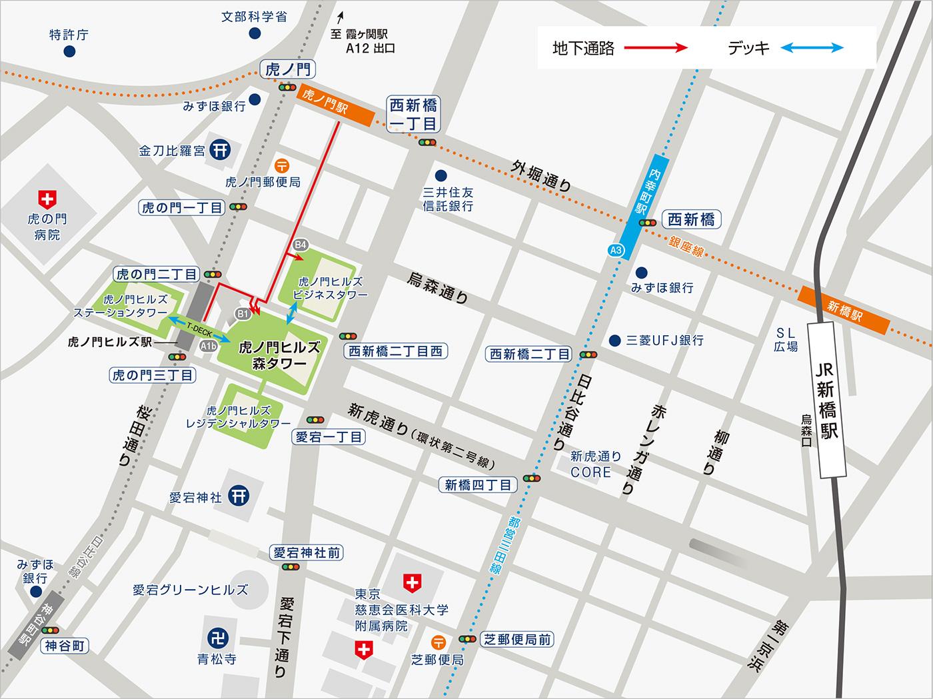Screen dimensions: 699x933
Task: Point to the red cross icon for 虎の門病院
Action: [x=47, y=198]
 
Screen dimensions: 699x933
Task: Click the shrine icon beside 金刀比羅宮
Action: [x=220, y=150]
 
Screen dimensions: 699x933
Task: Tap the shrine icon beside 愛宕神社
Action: [x=239, y=496]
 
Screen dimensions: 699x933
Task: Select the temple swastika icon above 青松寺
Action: [x=217, y=638]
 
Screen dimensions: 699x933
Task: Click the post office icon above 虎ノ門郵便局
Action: [x=283, y=165]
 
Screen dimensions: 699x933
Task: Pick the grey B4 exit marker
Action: [x=301, y=245]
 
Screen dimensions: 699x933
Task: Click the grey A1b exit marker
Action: [x=209, y=345]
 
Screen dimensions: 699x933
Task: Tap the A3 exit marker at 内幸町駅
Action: [x=616, y=251]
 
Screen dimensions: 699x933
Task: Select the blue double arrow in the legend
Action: [x=812, y=48]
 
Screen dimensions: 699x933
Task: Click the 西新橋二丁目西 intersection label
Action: [x=395, y=351]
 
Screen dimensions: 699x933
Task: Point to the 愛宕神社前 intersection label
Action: [x=307, y=552]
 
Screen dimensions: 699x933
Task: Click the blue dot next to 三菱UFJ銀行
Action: [x=614, y=340]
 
